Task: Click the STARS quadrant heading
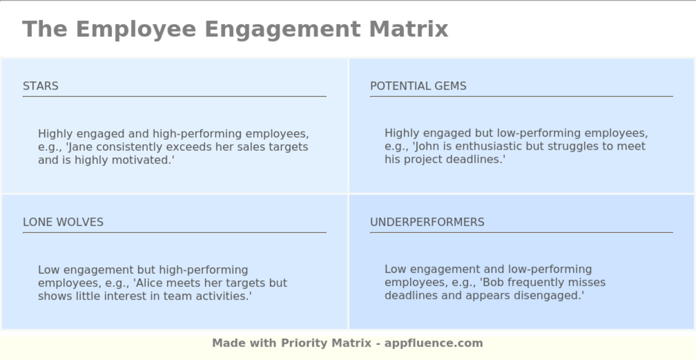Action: pos(41,86)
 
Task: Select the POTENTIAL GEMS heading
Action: pos(418,86)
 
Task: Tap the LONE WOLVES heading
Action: pos(63,222)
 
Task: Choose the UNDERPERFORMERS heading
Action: pos(427,222)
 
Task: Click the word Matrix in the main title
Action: pos(408,29)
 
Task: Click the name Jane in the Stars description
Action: pos(81,147)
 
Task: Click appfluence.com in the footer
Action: pos(434,343)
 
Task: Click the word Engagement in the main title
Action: pos(282,29)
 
